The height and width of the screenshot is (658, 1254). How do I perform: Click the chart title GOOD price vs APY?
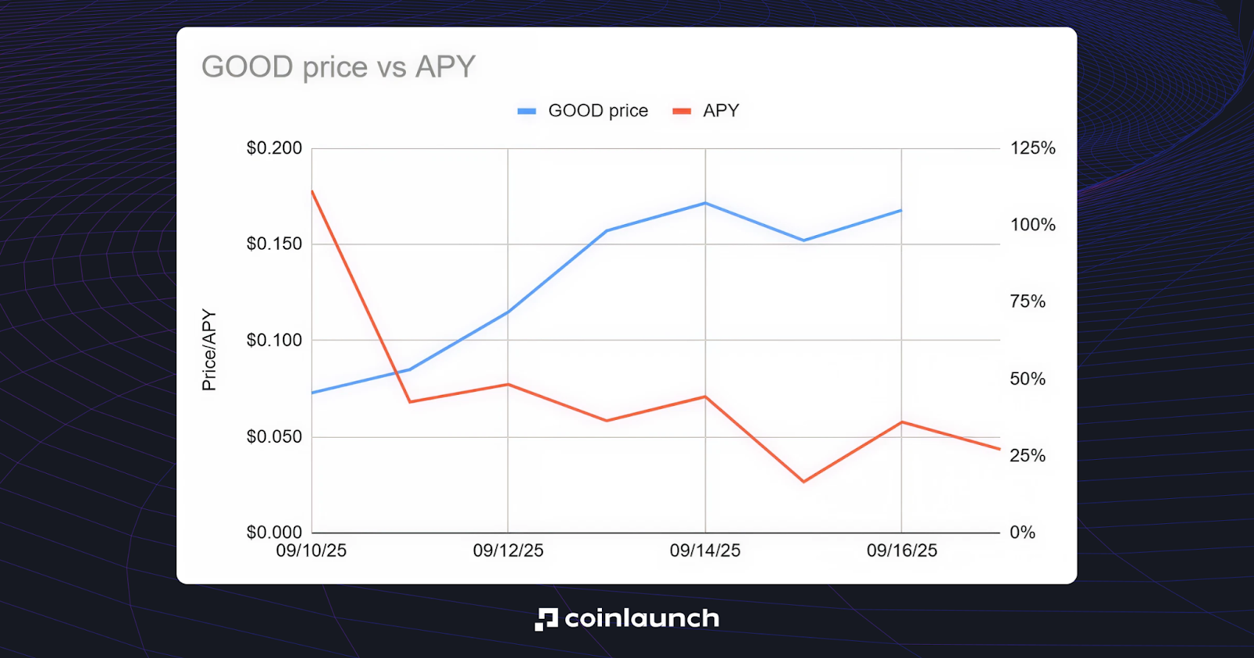click(339, 67)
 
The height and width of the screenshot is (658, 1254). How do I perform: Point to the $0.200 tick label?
click(274, 148)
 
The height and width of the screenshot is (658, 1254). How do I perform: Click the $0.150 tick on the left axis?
click(274, 244)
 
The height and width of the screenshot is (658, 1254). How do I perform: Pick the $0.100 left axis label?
click(274, 340)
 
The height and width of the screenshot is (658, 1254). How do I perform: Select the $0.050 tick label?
click(274, 436)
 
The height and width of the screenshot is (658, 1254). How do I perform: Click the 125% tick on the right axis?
click(1032, 148)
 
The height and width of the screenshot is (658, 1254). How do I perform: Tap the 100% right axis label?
click(1032, 225)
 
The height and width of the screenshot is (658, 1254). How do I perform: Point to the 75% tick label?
click(1027, 302)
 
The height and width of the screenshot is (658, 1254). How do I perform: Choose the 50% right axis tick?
click(1027, 379)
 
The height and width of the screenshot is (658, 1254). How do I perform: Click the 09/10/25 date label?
click(311, 551)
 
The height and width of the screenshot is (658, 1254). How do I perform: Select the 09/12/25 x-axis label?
click(508, 551)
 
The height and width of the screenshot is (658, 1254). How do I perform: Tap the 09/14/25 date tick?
click(705, 551)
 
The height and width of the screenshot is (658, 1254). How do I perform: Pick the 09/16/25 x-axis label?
click(901, 551)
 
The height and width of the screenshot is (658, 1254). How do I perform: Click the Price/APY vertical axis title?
click(208, 349)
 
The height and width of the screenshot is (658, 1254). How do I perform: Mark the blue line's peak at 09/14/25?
click(705, 203)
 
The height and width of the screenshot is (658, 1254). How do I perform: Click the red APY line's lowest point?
click(803, 482)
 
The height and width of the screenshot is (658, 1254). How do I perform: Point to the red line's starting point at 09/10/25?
click(312, 190)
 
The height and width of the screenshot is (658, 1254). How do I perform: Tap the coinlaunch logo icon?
click(546, 619)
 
